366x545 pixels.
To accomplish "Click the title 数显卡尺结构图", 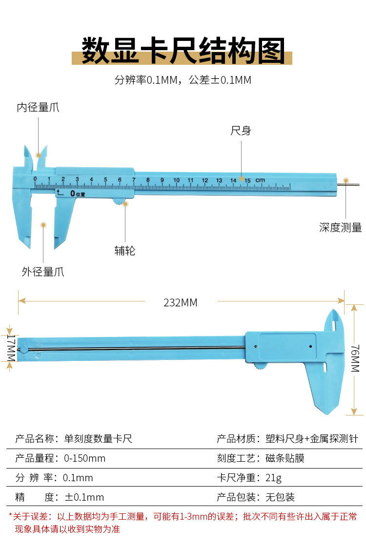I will point(183,50).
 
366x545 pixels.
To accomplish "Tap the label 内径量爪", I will point(38,108).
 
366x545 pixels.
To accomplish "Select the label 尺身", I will point(241,131).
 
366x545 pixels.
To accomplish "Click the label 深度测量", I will point(341,227).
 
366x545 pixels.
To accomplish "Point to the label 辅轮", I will point(124,250).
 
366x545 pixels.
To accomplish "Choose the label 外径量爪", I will point(43,272).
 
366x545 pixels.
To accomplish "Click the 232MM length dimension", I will point(181,303).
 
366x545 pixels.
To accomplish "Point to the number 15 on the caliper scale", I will point(247,180).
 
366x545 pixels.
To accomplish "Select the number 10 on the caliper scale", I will point(176,180).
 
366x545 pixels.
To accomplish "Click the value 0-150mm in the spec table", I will point(85,458).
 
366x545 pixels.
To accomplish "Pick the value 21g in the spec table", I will point(274,478).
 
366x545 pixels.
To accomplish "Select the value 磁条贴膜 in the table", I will point(285,458).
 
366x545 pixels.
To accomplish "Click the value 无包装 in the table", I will point(280,497).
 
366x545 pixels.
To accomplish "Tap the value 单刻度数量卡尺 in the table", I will point(98,439).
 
